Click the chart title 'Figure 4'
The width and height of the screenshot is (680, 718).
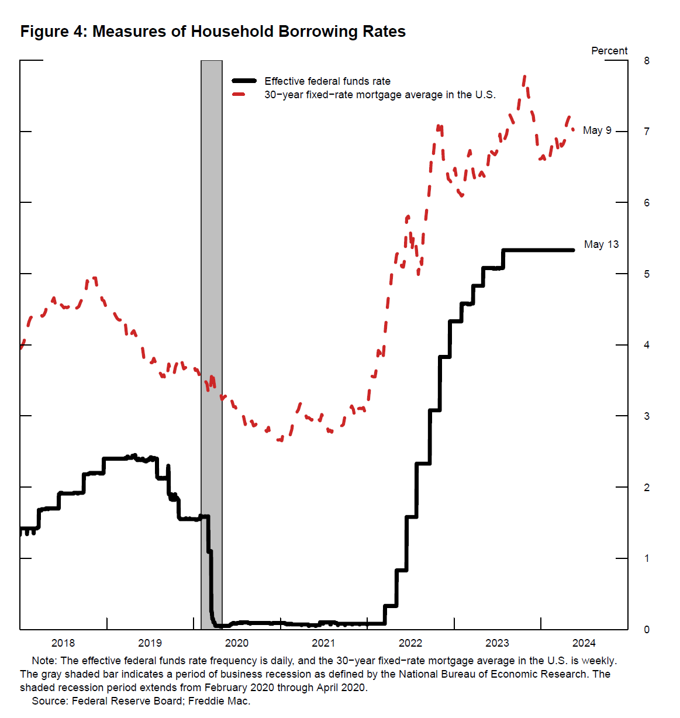(213, 31)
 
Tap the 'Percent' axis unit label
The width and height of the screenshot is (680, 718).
(609, 51)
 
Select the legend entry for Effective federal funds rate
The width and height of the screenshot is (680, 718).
(327, 81)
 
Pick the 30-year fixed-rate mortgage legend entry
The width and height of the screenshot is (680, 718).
(379, 95)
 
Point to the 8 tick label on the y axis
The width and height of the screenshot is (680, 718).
(647, 61)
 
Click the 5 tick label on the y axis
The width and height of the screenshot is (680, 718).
(647, 274)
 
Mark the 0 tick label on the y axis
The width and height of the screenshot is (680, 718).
(647, 630)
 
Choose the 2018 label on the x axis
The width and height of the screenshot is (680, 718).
(63, 643)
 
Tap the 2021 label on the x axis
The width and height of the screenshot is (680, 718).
(323, 643)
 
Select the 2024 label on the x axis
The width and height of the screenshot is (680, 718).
(584, 643)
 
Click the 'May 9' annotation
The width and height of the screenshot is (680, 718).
(597, 130)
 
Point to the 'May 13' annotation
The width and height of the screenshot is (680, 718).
(601, 244)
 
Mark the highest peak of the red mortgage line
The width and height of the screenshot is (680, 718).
(524, 76)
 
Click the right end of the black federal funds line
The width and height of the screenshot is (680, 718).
(573, 250)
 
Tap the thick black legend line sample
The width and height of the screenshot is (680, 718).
(244, 81)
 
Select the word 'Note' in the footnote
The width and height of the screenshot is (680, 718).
(44, 661)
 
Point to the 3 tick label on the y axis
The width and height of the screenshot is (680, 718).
(647, 416)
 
